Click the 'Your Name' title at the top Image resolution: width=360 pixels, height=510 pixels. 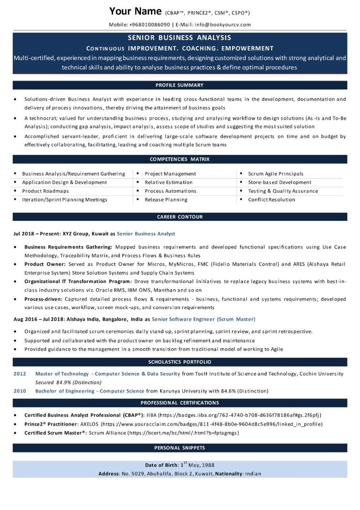click(135, 11)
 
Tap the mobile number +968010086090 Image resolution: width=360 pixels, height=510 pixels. click(149, 25)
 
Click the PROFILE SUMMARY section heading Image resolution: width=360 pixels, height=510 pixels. click(180, 85)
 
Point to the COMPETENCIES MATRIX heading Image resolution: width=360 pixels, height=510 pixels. click(180, 159)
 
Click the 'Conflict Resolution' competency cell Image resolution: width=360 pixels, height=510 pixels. click(271, 200)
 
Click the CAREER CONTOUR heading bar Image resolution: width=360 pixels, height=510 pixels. click(180, 217)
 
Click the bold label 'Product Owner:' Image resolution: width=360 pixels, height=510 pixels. click(45, 264)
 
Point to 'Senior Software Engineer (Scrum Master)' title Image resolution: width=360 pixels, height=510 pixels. click(203, 319)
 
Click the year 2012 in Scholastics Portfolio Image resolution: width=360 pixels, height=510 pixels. click(20, 374)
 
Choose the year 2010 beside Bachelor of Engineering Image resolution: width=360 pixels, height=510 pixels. click(20, 391)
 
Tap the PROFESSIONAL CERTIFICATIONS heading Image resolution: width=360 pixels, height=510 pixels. click(180, 403)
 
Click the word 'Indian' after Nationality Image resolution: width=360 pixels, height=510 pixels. click(253, 474)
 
